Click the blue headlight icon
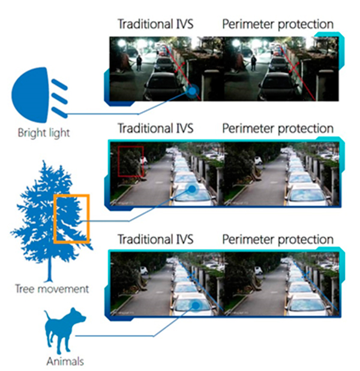click(x=39, y=95)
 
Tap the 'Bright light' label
click(x=44, y=133)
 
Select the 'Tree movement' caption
click(x=52, y=289)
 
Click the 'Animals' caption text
click(x=65, y=361)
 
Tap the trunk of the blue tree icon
click(x=50, y=270)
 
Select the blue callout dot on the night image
click(x=193, y=91)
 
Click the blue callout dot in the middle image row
click(x=193, y=189)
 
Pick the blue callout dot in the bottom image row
click(x=196, y=306)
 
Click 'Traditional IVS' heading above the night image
click(x=155, y=24)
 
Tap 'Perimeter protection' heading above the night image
click(x=278, y=25)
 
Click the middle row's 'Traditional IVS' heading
click(x=155, y=128)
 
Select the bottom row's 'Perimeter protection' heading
click(x=278, y=240)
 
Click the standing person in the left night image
click(x=139, y=62)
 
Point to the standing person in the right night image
click(x=254, y=62)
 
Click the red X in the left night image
click(x=181, y=67)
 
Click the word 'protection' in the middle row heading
click(x=305, y=129)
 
